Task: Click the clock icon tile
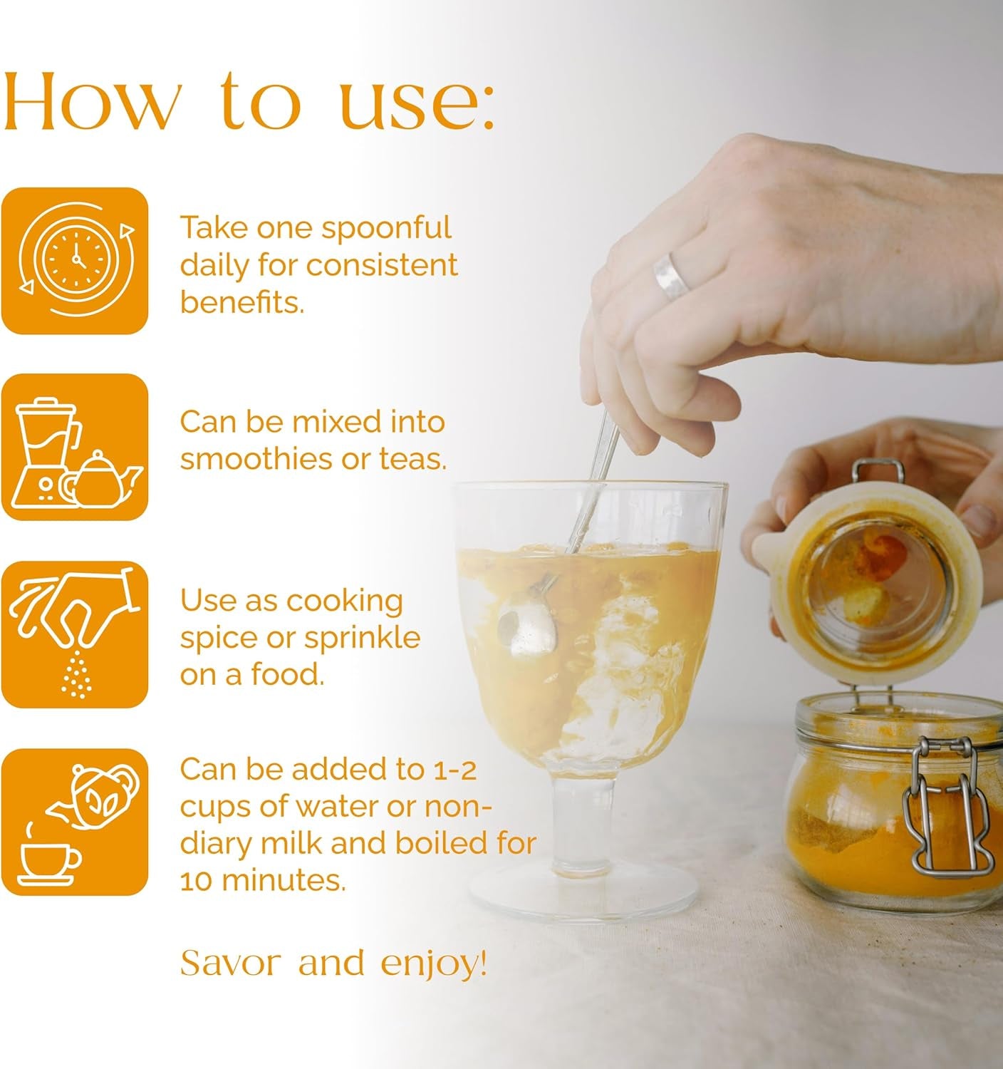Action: [x=75, y=261]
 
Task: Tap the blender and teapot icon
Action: [x=75, y=448]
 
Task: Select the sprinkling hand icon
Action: [x=75, y=634]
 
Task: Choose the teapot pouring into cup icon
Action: [x=75, y=822]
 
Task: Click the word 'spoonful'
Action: [x=386, y=229]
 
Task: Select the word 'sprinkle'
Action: [x=362, y=639]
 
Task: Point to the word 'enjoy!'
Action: [x=434, y=964]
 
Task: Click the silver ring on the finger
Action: [x=670, y=276]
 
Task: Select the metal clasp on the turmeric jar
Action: [x=949, y=807]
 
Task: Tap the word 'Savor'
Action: [x=230, y=963]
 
